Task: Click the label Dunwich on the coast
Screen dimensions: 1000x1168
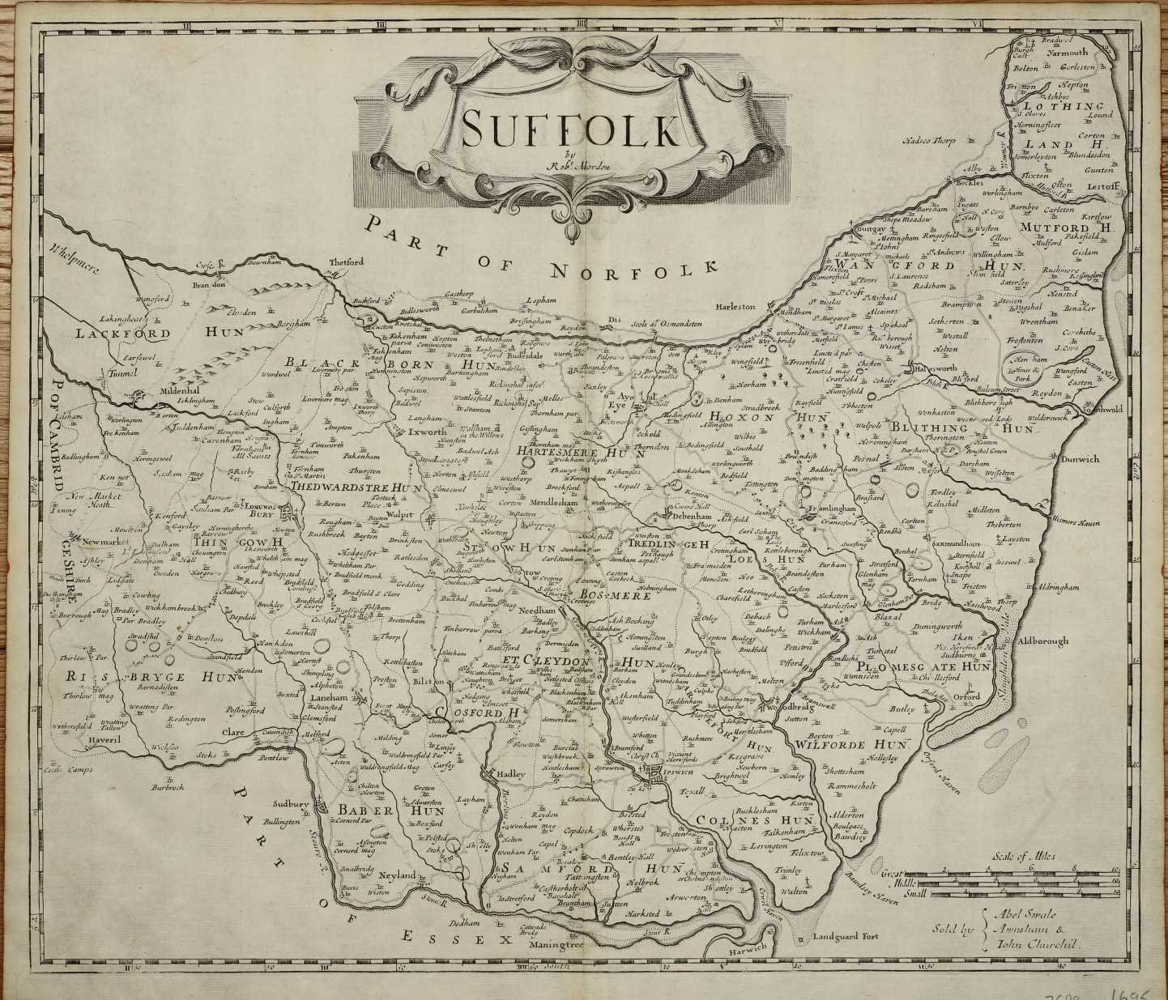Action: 1076,459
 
